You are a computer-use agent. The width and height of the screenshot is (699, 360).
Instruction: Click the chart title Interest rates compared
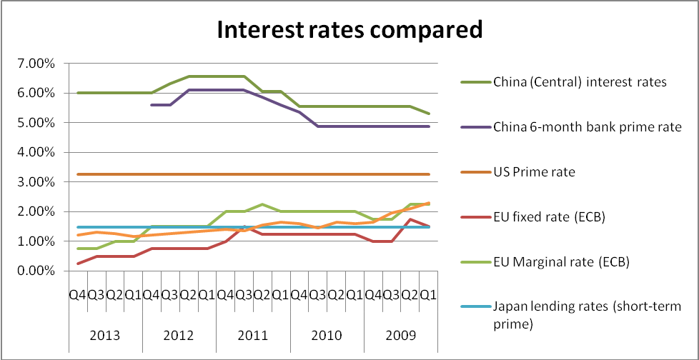tap(349, 31)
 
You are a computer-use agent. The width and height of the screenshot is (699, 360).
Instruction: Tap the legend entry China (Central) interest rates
tap(579, 81)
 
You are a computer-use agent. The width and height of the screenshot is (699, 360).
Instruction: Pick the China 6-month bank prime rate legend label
tap(587, 127)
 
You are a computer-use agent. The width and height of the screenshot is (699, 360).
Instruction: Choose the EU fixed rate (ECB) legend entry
tap(548, 217)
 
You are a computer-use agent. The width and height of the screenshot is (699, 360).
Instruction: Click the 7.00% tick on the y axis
tap(36, 64)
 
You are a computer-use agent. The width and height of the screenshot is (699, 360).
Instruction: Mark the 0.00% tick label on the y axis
tap(36, 271)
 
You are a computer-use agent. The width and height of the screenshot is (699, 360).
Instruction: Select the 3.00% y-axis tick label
tap(36, 182)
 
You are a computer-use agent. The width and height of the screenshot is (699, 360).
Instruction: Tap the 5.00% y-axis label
tap(36, 123)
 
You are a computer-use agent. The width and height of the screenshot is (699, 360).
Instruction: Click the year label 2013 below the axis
tap(105, 335)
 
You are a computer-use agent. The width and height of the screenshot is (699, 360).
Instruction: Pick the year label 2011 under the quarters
tap(252, 335)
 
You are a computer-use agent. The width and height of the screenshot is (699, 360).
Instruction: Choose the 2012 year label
tap(179, 335)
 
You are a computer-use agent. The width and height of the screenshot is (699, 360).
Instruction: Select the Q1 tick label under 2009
tap(427, 294)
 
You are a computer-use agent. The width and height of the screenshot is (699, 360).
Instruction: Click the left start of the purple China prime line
tap(152, 105)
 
